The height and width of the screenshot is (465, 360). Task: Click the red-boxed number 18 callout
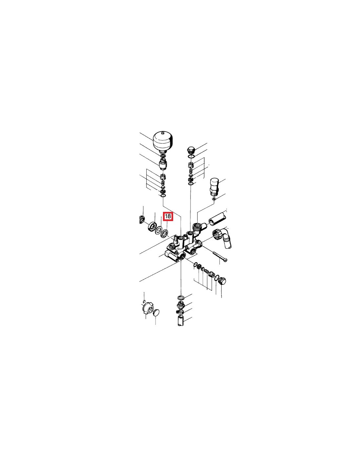(168, 216)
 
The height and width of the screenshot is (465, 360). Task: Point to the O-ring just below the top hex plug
(191, 157)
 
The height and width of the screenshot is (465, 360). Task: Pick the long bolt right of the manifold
(220, 256)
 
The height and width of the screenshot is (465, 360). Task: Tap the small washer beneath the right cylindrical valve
(214, 199)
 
